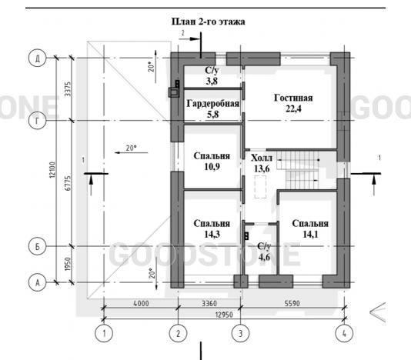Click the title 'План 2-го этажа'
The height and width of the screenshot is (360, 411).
[209, 22]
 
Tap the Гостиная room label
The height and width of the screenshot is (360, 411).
[293, 98]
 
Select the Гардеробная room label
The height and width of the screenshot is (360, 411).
[213, 104]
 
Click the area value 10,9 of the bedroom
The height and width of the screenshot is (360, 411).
[212, 167]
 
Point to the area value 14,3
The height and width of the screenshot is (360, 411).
[212, 235]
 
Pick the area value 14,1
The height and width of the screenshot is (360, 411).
[310, 235]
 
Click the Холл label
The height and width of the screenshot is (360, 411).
[262, 158]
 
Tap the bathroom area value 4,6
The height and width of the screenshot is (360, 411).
[264, 257]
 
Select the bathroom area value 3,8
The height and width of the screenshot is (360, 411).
[212, 82]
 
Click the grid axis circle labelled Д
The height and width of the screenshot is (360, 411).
[37, 58]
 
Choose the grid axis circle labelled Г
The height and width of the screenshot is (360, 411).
[37, 121]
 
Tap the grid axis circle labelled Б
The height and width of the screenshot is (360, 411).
[37, 246]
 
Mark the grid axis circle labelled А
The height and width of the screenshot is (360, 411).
[37, 282]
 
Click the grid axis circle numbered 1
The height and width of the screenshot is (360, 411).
[104, 334]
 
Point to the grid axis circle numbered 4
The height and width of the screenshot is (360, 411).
[344, 334]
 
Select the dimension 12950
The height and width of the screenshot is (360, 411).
[224, 315]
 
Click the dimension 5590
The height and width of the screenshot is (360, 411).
[292, 303]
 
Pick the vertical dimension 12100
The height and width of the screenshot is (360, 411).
[52, 170]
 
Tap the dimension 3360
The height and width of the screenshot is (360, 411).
[209, 303]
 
